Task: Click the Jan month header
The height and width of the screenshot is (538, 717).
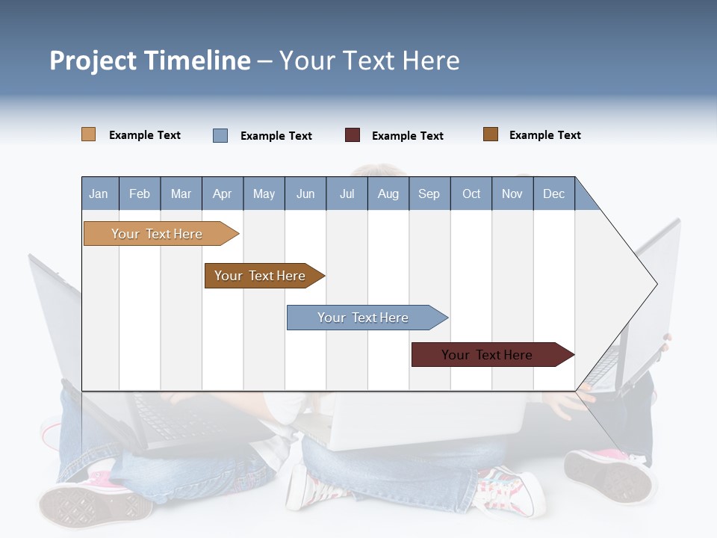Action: pos(99,194)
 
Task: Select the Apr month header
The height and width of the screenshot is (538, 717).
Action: pos(223,194)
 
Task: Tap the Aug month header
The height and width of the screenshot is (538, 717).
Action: pos(388,194)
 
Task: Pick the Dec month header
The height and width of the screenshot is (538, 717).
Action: pos(553,194)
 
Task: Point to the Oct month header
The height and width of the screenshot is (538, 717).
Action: pos(471,194)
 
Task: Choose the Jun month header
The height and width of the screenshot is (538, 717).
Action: pos(305,194)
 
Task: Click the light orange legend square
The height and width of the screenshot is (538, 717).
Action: pos(88,134)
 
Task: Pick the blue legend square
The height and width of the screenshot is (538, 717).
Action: pos(220,135)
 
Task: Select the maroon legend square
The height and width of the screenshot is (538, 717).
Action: pos(353,135)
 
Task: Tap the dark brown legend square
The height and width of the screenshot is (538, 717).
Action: pos(491,134)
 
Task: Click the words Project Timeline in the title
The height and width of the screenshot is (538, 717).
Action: pos(150,61)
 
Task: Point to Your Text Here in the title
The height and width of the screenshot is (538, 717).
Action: pos(369,61)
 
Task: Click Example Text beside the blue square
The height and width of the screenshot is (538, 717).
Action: pos(276,136)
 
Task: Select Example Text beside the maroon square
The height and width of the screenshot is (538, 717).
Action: pos(407,136)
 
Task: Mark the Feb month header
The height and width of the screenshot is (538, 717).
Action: pos(140,194)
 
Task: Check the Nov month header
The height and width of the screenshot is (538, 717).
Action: pos(512,194)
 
